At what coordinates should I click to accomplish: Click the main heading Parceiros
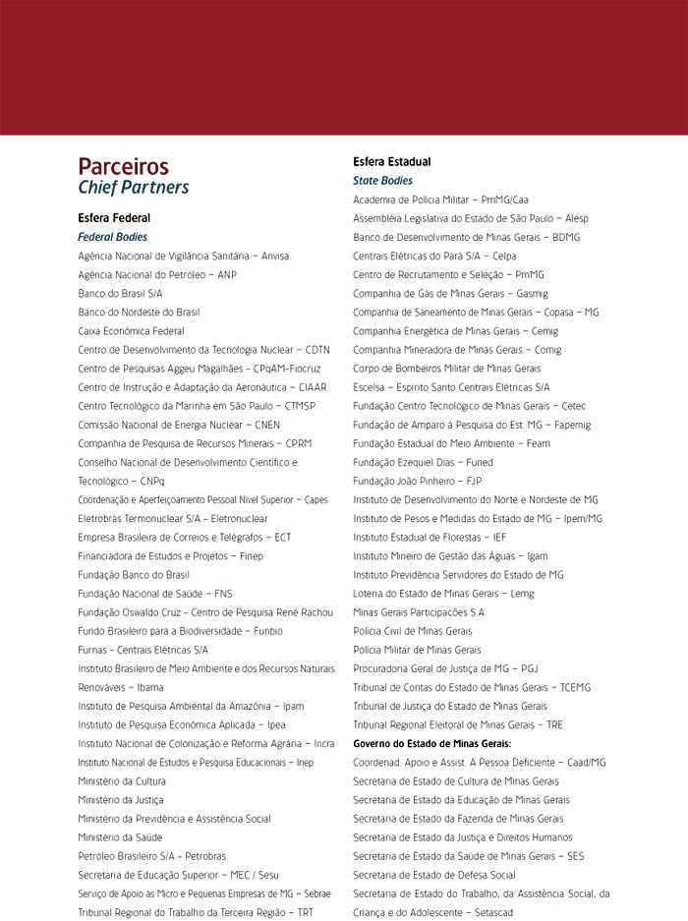pos(123,166)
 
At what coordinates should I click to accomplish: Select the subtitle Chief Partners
pos(133,187)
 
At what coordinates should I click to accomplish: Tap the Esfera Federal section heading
pos(114,218)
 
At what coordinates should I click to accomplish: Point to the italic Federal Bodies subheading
pos(112,237)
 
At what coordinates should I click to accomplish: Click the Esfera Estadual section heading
pos(391,161)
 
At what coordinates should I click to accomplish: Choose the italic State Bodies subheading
pos(382,181)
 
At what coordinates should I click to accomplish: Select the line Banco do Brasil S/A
pos(120,293)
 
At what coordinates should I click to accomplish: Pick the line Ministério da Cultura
pos(122,780)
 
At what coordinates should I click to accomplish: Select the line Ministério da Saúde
pos(120,836)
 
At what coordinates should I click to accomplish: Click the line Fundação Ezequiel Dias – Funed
pos(423,462)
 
